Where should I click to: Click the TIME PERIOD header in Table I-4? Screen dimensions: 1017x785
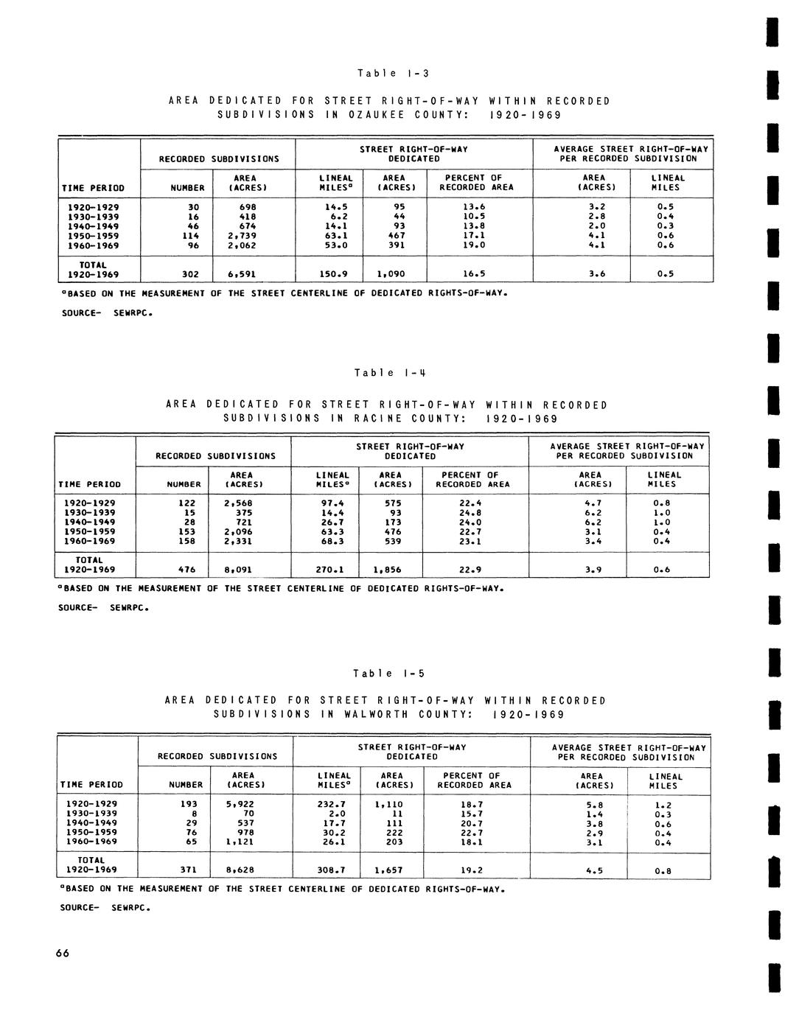(86, 485)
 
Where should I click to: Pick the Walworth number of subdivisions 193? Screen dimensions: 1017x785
(189, 804)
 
